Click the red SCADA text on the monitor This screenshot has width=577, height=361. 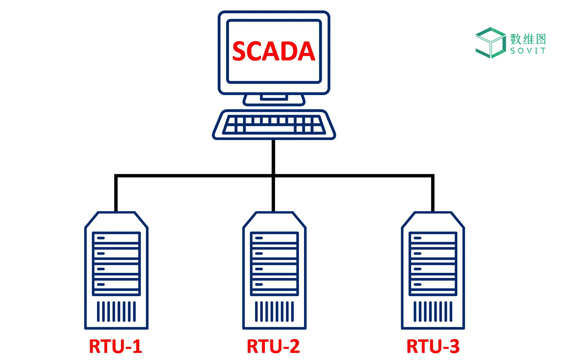(x=273, y=51)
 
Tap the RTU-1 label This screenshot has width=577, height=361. (x=115, y=346)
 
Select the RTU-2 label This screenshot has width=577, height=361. (x=273, y=346)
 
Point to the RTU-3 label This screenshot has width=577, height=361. (x=433, y=346)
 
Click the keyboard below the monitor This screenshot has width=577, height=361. (x=274, y=124)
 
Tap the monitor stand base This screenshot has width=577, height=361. (x=274, y=100)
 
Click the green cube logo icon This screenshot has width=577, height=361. (x=490, y=43)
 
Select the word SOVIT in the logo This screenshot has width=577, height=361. (x=528, y=51)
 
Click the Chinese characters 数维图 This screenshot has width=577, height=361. (x=528, y=39)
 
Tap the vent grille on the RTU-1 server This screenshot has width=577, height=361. (x=116, y=311)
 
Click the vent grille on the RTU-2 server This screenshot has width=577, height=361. (x=274, y=311)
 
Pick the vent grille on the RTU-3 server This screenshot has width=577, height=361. (x=433, y=311)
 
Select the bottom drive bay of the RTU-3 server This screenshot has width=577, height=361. (x=433, y=284)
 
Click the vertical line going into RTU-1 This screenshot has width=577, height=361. (x=116, y=194)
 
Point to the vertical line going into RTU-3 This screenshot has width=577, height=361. (x=433, y=194)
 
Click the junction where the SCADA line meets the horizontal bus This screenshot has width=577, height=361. (x=273, y=176)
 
